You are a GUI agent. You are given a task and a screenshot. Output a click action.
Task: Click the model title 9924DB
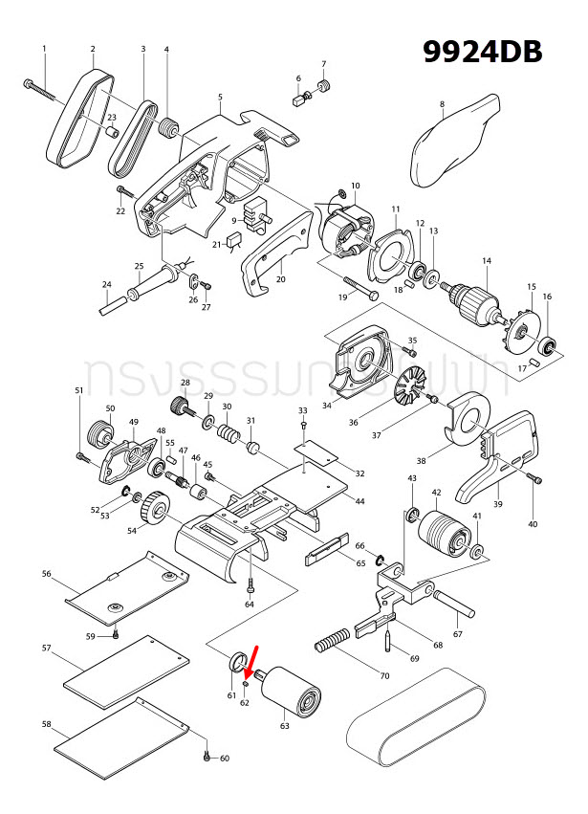pyautogui.click(x=484, y=52)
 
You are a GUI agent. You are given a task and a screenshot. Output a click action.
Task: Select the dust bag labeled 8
pyautogui.click(x=455, y=143)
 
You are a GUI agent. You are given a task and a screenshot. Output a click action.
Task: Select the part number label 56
pyautogui.click(x=46, y=574)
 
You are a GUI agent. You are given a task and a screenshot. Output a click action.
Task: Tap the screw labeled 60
pyautogui.click(x=207, y=757)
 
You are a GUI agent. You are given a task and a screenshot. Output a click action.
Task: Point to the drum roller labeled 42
pyautogui.click(x=443, y=531)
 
